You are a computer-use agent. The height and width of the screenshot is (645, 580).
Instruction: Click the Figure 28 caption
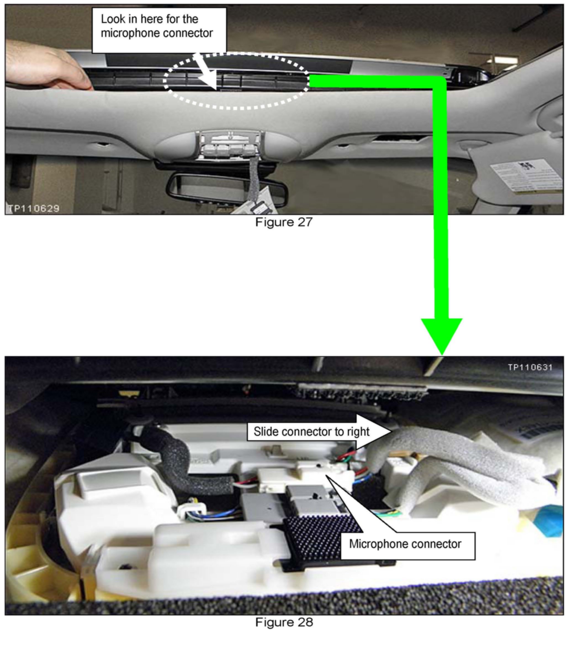pyautogui.click(x=284, y=622)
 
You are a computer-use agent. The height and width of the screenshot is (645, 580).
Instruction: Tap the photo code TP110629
pyautogui.click(x=34, y=208)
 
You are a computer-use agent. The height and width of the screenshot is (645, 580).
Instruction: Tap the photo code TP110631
pyautogui.click(x=530, y=367)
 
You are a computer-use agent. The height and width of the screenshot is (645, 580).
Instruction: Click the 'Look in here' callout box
pyautogui.click(x=159, y=30)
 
